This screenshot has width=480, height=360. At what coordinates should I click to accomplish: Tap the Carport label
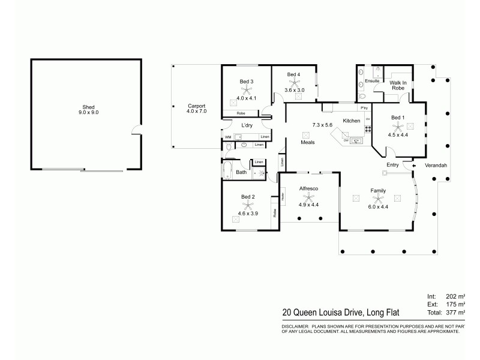(196, 106)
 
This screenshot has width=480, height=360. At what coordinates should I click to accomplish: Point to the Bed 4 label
(293, 74)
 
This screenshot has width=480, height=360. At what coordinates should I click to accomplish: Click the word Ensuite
(372, 80)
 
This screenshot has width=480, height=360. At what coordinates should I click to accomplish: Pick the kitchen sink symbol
(357, 140)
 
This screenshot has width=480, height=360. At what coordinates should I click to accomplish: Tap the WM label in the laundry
(228, 137)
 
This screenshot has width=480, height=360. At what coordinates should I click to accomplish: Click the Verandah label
(436, 165)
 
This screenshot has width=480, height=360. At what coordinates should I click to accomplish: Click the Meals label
(308, 142)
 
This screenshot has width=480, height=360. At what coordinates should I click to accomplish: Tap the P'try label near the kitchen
(364, 109)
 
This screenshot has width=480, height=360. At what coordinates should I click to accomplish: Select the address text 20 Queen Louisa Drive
(324, 312)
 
